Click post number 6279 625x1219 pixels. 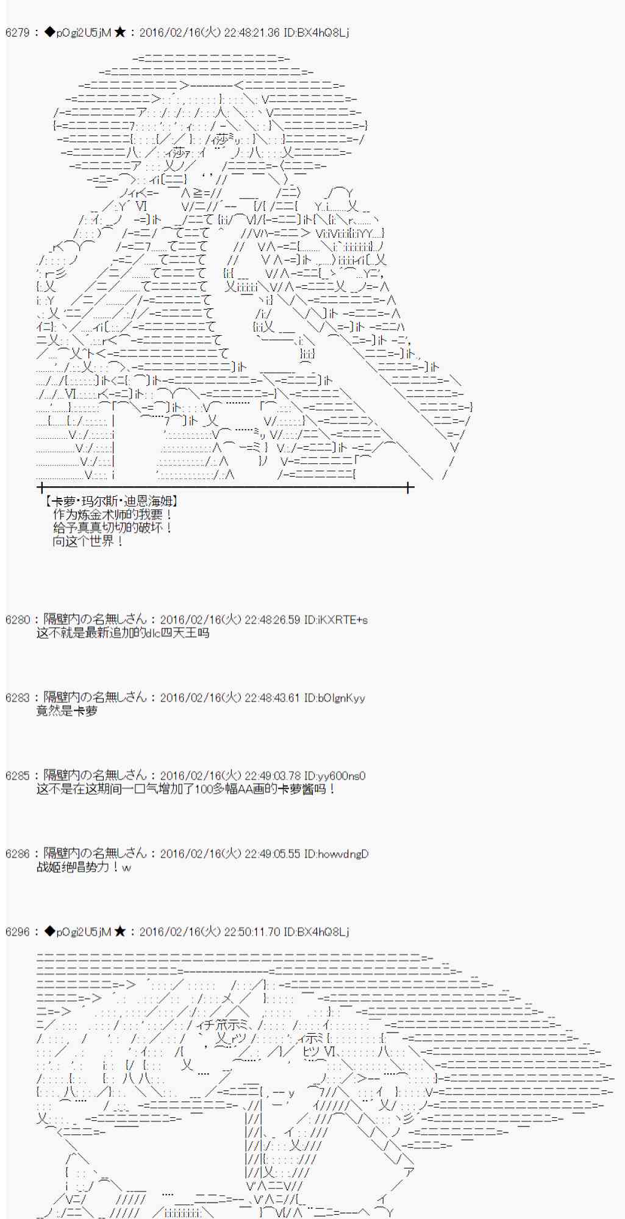pyautogui.click(x=17, y=33)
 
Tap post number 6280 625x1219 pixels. pyautogui.click(x=17, y=620)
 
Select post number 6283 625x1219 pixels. pyautogui.click(x=17, y=698)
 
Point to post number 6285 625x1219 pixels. pyautogui.click(x=17, y=776)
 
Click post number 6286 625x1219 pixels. pyautogui.click(x=17, y=854)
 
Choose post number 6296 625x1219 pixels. pyautogui.click(x=17, y=932)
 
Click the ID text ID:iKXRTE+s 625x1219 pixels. pyautogui.click(x=335, y=620)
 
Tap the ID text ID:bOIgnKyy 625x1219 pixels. pyautogui.click(x=334, y=698)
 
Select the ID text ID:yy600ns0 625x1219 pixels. pyautogui.click(x=334, y=776)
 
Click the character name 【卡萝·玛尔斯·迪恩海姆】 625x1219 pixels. pyautogui.click(x=111, y=502)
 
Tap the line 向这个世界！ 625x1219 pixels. pyautogui.click(x=88, y=541)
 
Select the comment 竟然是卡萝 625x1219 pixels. pyautogui.click(x=66, y=711)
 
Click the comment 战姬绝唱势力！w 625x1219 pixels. pyautogui.click(x=84, y=867)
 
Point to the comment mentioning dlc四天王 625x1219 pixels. pyautogui.click(x=123, y=633)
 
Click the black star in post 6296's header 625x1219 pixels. pyautogui.click(x=120, y=931)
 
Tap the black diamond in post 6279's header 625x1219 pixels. pyautogui.click(x=49, y=32)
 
